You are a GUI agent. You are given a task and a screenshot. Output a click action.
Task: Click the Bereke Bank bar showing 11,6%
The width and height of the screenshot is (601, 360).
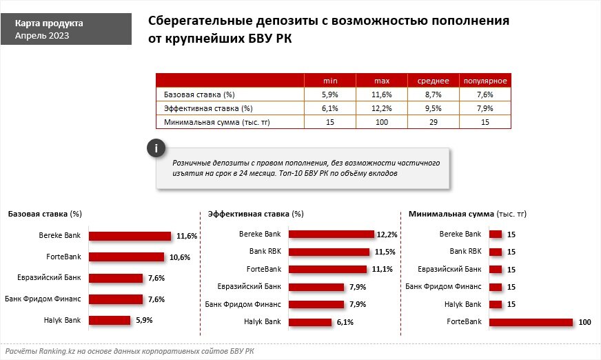click(x=130, y=236)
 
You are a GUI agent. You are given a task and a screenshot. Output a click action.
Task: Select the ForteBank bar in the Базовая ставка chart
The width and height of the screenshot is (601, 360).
click(x=127, y=257)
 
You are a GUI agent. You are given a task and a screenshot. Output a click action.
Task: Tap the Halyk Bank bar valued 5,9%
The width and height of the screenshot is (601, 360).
click(x=110, y=320)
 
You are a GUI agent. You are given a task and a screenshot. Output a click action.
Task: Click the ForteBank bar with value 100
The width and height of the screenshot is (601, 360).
click(x=531, y=322)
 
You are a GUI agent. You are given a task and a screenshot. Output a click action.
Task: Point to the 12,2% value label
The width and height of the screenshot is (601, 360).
click(x=387, y=234)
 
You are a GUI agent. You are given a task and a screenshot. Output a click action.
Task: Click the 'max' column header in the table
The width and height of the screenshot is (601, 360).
click(x=382, y=80)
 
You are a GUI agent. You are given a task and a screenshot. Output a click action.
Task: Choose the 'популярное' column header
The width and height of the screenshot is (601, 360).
click(x=485, y=80)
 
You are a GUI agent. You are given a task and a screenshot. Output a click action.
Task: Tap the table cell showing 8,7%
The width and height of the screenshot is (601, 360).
click(x=434, y=94)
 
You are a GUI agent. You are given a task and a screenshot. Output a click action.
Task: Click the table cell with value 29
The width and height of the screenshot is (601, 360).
click(x=434, y=123)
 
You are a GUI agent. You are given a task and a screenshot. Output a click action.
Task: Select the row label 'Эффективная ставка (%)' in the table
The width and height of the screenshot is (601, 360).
click(x=208, y=109)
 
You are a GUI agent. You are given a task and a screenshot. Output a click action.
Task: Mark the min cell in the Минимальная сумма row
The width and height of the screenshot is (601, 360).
click(x=330, y=123)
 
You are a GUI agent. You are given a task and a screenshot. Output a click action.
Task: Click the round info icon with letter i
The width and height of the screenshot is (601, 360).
click(x=156, y=148)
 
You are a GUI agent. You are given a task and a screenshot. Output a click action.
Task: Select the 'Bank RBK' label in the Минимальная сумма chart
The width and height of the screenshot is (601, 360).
click(x=465, y=252)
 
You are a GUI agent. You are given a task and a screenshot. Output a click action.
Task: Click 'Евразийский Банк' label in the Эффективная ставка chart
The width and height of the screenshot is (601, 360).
click(x=249, y=286)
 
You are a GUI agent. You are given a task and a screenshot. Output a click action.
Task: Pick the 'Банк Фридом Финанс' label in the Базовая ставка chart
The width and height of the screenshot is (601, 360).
click(x=43, y=299)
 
